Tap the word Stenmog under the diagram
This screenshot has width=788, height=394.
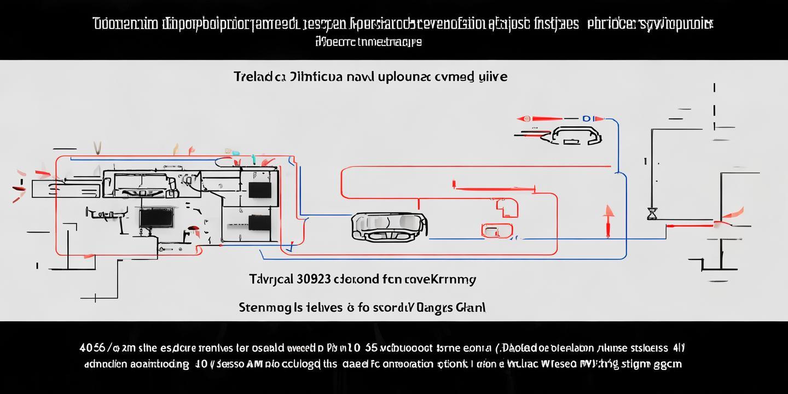tap(262, 307)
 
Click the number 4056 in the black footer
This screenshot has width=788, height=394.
tap(92, 347)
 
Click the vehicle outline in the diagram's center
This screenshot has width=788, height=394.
tap(389, 226)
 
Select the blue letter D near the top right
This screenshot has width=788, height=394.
tap(587, 118)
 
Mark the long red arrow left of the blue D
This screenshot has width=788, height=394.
tap(542, 118)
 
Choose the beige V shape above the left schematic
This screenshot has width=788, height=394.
tap(98, 148)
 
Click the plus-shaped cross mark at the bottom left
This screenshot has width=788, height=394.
tap(96, 297)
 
